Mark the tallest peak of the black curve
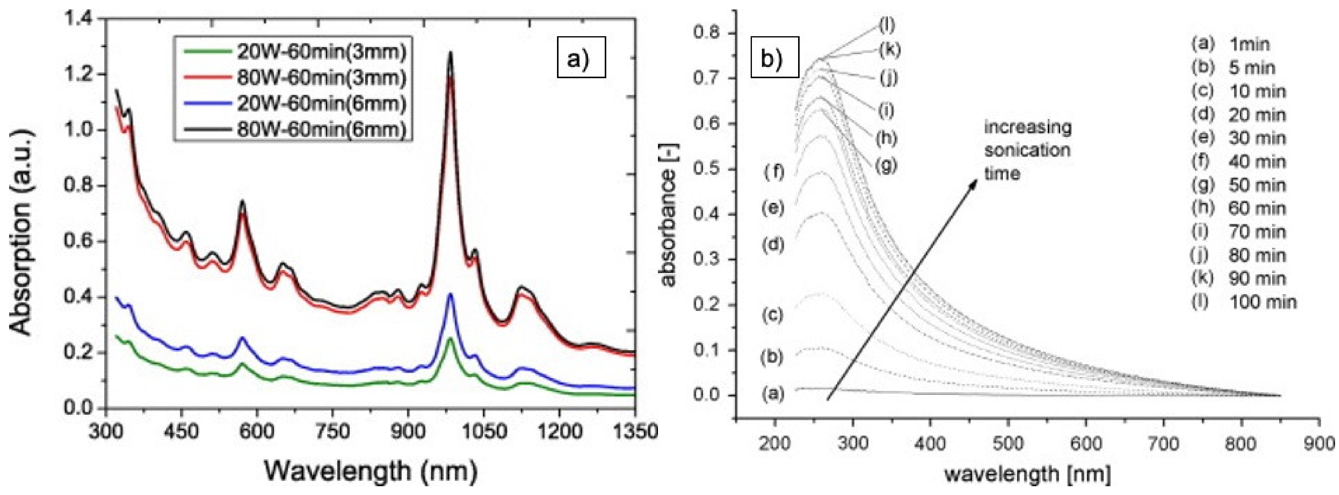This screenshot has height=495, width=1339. click(x=450, y=53)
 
